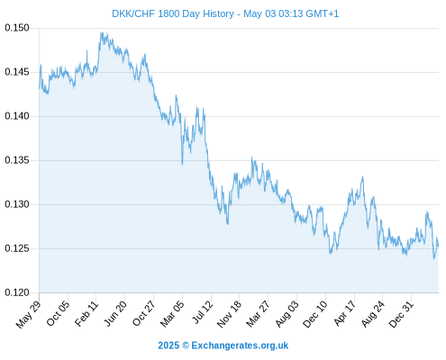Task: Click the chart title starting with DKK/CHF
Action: tap(225, 13)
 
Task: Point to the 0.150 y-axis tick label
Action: tap(17, 28)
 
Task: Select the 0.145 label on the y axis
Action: tap(17, 72)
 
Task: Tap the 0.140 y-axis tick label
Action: tap(17, 116)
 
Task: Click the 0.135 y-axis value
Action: tap(17, 160)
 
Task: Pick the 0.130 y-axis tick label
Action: tap(17, 204)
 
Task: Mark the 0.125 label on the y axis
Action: tap(17, 248)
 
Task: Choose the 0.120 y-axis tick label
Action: tap(17, 292)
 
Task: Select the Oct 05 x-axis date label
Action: tap(58, 313)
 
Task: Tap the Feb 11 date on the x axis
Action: tap(86, 313)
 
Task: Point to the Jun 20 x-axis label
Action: tap(115, 313)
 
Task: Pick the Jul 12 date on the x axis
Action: tap(203, 312)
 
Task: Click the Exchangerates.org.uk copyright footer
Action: tap(223, 346)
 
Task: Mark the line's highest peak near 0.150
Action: tap(102, 32)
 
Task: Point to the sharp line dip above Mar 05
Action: tap(182, 164)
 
